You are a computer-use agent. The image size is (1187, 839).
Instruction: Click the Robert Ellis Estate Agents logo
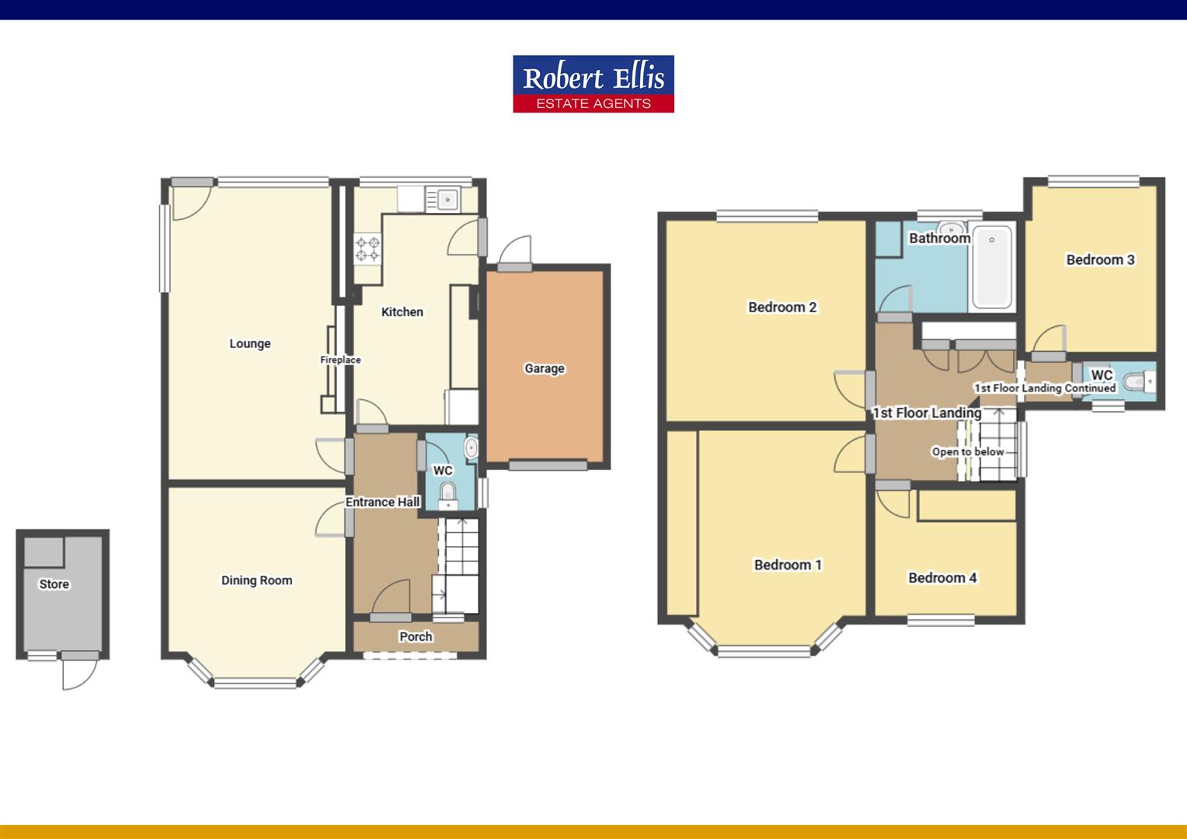tap(593, 84)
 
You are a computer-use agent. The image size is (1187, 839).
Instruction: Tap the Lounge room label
tap(249, 343)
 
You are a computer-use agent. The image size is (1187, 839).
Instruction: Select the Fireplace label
tap(340, 360)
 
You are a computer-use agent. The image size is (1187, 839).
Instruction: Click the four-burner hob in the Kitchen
tap(368, 249)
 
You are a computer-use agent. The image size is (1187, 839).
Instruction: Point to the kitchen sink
tap(447, 200)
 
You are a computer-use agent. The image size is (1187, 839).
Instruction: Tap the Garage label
tap(544, 368)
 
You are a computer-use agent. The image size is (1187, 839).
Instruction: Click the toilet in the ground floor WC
tap(447, 493)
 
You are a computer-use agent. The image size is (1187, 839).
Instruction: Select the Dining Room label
tap(256, 580)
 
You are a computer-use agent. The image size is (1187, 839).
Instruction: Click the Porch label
tap(416, 636)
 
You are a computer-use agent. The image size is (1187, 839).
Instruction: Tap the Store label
tap(54, 584)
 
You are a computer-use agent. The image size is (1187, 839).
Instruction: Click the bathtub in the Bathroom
tap(992, 266)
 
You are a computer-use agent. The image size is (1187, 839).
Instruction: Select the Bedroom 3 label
tap(1100, 259)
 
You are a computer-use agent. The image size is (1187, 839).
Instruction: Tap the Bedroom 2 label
tap(781, 307)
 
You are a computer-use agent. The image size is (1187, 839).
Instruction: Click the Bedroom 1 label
tap(788, 565)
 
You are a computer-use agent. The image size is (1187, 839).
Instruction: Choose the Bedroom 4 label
tap(942, 577)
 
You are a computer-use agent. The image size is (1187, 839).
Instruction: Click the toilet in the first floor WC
tap(1137, 382)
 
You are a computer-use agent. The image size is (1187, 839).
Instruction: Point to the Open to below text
tap(968, 451)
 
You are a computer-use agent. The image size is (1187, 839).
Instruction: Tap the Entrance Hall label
tap(382, 502)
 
